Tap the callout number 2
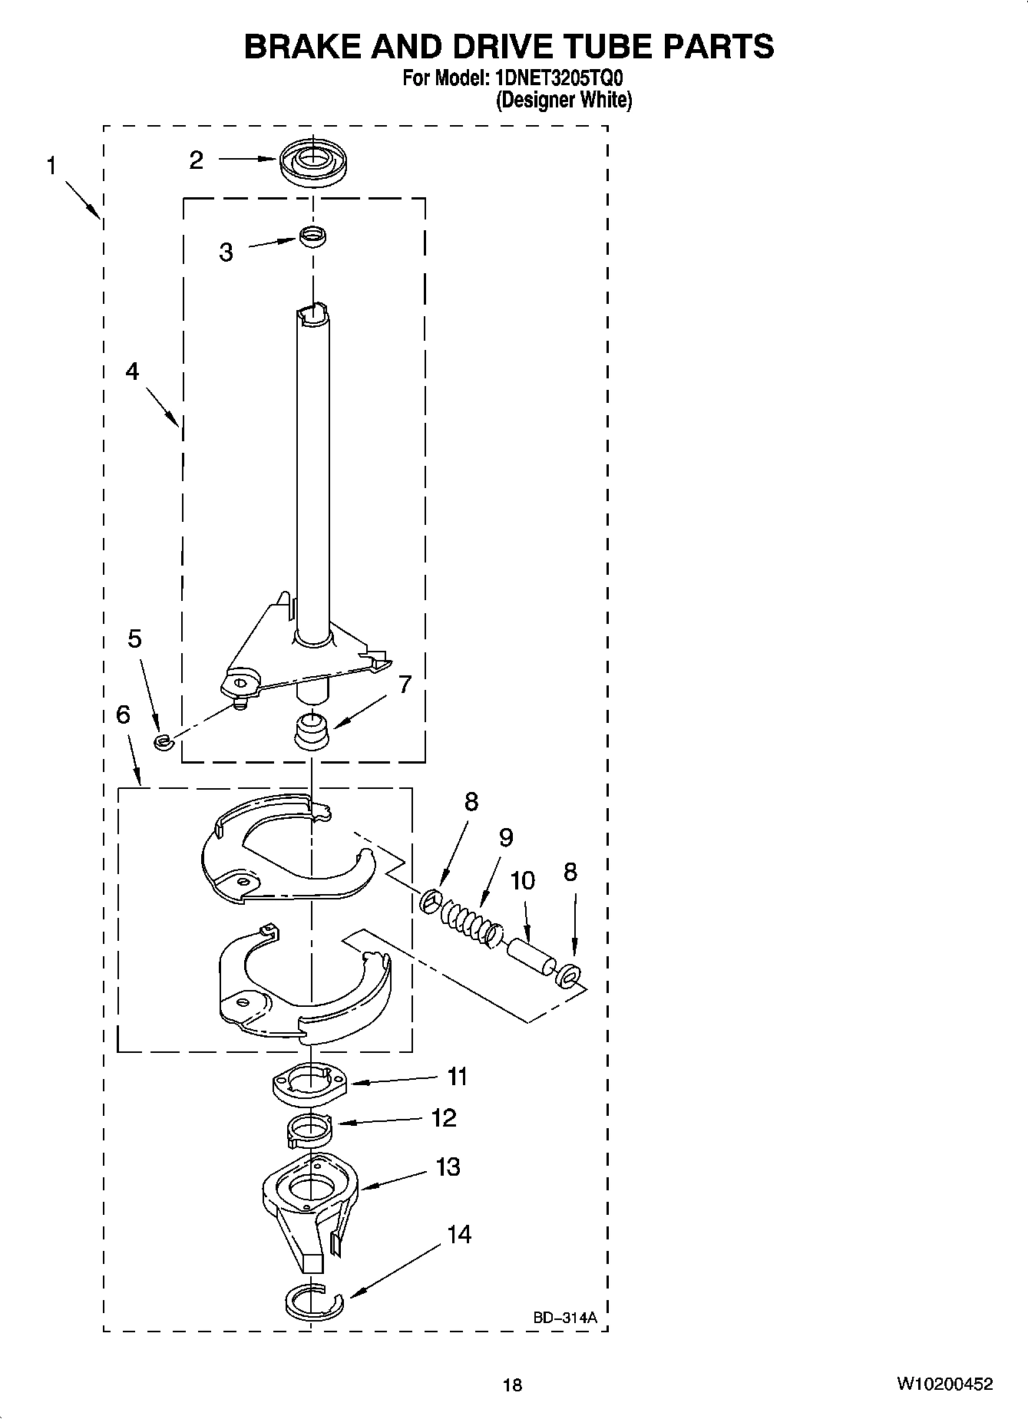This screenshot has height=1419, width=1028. (x=197, y=160)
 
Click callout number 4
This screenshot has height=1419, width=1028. (x=132, y=371)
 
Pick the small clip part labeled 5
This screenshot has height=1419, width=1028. (x=162, y=741)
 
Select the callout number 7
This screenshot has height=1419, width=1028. (x=405, y=684)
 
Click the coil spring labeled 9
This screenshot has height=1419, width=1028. (x=468, y=920)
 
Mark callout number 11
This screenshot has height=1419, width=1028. (x=458, y=1077)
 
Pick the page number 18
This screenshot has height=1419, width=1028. (x=512, y=1384)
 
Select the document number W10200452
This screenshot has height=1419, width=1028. (x=943, y=1384)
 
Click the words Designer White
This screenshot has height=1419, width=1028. (x=564, y=100)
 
